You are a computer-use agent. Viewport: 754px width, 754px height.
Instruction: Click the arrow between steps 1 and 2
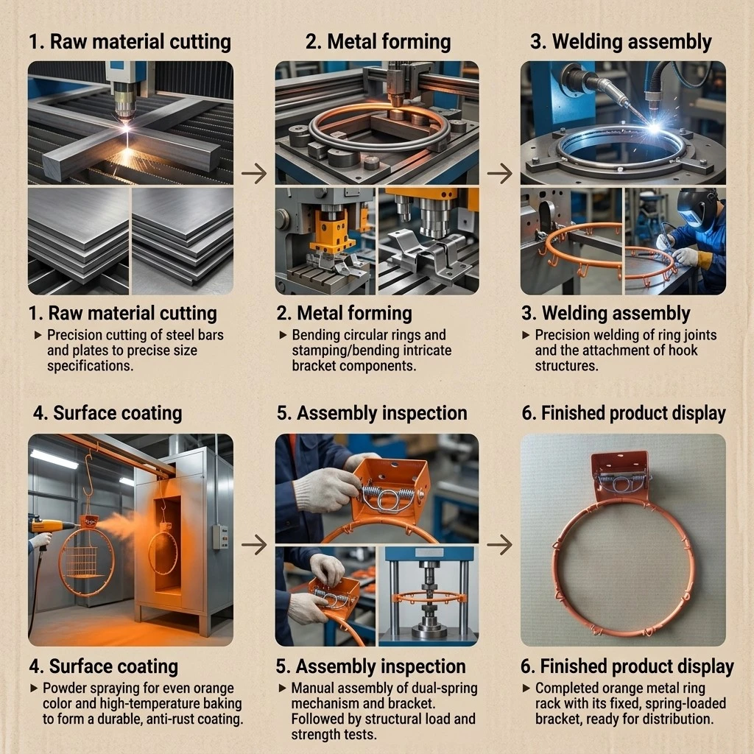click(x=254, y=173)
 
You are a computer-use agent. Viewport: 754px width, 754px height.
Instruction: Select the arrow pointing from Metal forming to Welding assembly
click(x=500, y=173)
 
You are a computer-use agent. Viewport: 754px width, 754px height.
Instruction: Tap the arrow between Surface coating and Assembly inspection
click(x=254, y=544)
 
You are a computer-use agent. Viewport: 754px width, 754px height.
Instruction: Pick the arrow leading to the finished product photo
click(x=500, y=544)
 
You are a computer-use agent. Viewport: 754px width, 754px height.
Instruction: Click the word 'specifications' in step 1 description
click(x=90, y=367)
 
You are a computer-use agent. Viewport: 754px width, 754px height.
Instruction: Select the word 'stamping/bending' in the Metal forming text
click(x=351, y=350)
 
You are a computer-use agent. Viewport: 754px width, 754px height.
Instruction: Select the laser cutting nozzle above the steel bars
click(x=124, y=103)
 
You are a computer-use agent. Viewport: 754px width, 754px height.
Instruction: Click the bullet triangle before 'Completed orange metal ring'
click(x=526, y=688)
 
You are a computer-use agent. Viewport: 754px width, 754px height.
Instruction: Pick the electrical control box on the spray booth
click(x=220, y=536)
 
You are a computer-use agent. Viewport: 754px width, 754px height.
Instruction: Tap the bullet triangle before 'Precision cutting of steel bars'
click(x=38, y=335)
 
